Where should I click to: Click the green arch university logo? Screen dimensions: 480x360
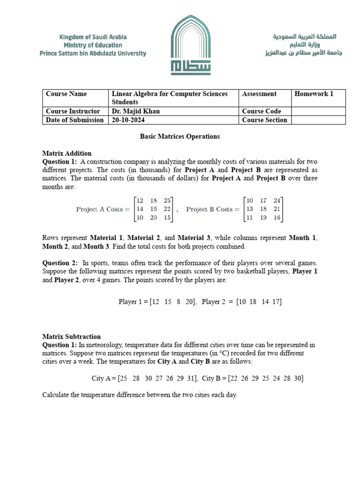click(191, 45)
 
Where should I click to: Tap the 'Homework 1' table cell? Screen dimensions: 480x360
click(314, 94)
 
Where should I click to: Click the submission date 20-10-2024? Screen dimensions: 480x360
click(128, 120)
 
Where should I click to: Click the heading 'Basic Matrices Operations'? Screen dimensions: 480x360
click(180, 136)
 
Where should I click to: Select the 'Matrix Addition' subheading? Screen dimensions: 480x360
click(67, 153)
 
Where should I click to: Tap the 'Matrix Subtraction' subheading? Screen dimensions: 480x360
click(72, 337)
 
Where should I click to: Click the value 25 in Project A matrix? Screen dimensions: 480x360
click(167, 201)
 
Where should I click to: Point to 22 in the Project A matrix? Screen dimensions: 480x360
click(167, 209)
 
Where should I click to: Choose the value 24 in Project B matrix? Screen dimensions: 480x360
click(277, 201)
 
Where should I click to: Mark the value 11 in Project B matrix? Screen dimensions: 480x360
click(249, 218)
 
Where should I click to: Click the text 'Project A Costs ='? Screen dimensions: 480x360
click(103, 210)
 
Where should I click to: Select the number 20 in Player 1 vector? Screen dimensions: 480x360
click(189, 302)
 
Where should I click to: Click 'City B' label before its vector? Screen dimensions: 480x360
click(212, 378)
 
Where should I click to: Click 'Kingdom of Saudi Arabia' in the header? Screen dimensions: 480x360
click(93, 37)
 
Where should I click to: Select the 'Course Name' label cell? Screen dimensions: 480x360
click(66, 94)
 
